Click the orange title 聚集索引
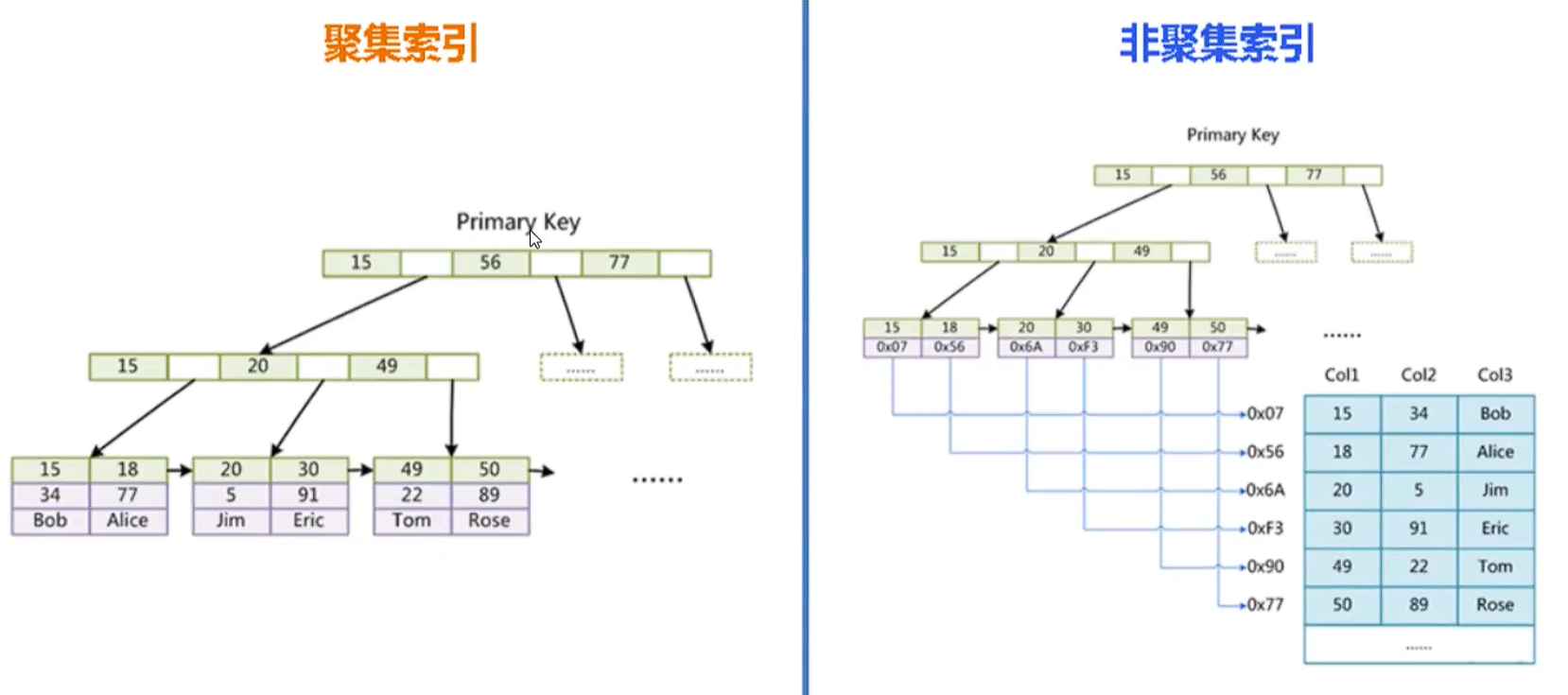[401, 43]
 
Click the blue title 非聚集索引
[1216, 43]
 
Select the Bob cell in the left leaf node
[50, 520]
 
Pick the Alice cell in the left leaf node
[128, 520]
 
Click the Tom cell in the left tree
[411, 520]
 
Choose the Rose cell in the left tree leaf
[489, 520]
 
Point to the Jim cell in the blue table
[1494, 490]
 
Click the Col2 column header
[1418, 375]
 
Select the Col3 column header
[1494, 375]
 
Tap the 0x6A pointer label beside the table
[1265, 490]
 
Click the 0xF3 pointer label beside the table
[1265, 528]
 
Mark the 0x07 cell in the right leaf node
[892, 347]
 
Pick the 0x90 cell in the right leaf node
[1159, 347]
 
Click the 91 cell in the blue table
[1418, 528]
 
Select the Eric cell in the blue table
[1494, 528]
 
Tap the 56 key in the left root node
[490, 263]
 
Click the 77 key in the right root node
[1314, 175]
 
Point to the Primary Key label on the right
[1232, 135]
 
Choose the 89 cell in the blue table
[1418, 604]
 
